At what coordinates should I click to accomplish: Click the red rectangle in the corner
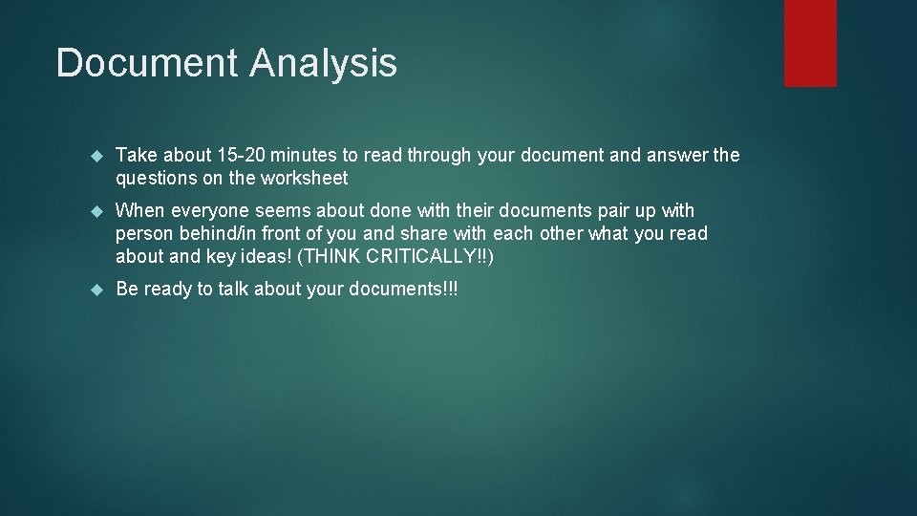pos(810,43)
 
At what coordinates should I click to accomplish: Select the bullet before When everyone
pos(95,210)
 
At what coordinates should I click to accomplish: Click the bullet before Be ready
pos(95,289)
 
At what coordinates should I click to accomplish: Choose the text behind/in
pos(210,233)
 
